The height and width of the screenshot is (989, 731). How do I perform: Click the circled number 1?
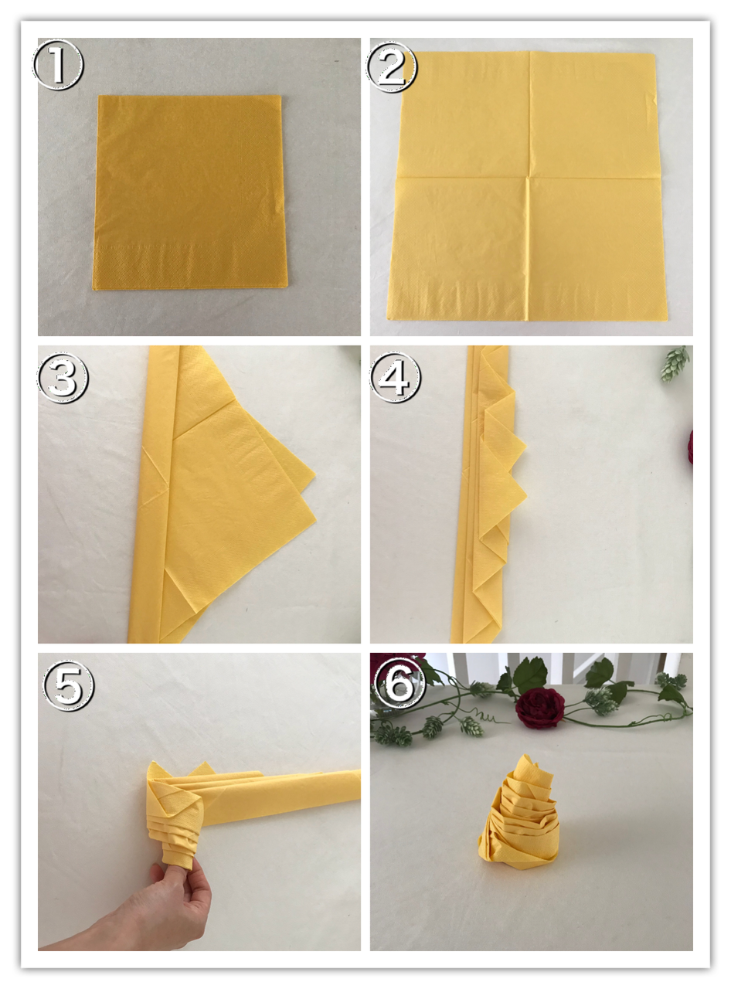click(58, 64)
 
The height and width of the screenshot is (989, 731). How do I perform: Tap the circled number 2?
click(391, 67)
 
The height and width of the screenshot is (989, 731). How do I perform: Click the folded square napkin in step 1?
click(189, 192)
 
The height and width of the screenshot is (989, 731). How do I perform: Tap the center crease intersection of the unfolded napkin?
click(528, 178)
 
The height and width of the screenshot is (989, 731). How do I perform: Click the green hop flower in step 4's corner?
click(675, 363)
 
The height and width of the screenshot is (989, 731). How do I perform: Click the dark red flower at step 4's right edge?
click(690, 447)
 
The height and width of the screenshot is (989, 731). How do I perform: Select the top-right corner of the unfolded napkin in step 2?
click(655, 55)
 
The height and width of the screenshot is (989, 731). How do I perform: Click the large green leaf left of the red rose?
click(529, 675)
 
